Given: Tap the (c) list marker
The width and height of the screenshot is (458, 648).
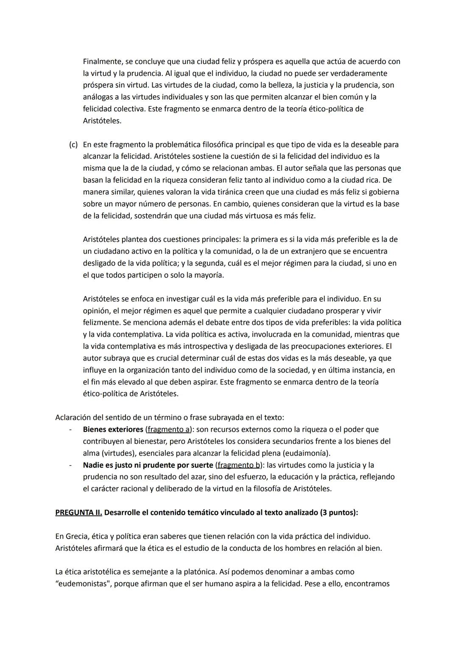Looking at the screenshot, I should coord(73,145).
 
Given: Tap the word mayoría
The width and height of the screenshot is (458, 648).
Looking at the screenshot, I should coord(209,275).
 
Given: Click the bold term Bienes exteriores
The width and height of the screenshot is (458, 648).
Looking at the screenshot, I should coord(113,429).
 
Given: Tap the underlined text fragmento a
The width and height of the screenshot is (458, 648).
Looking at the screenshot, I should coord(168,429).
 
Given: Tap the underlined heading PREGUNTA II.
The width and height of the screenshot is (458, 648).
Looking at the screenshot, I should coord(78,513).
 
